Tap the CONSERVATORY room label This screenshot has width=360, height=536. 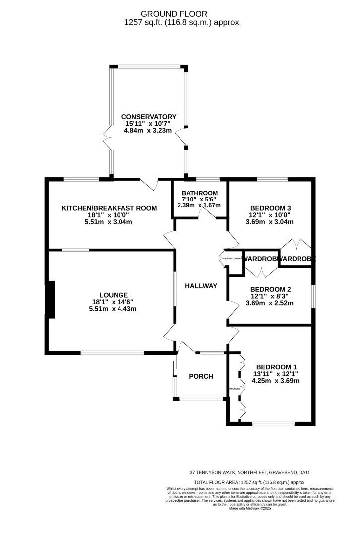(149, 117)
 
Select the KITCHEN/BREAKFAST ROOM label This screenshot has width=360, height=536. (109, 208)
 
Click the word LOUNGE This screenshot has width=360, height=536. (113, 294)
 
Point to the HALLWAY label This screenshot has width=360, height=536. (201, 286)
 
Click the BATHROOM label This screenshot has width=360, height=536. (200, 193)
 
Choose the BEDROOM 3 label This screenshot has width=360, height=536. (270, 208)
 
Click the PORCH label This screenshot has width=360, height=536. (201, 376)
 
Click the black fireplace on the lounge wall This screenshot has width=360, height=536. (50, 299)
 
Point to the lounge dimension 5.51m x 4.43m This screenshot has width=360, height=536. (112, 309)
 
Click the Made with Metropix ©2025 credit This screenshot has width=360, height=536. (249, 508)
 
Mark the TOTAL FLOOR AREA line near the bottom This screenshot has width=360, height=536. (249, 482)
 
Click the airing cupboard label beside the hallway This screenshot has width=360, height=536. (232, 258)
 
